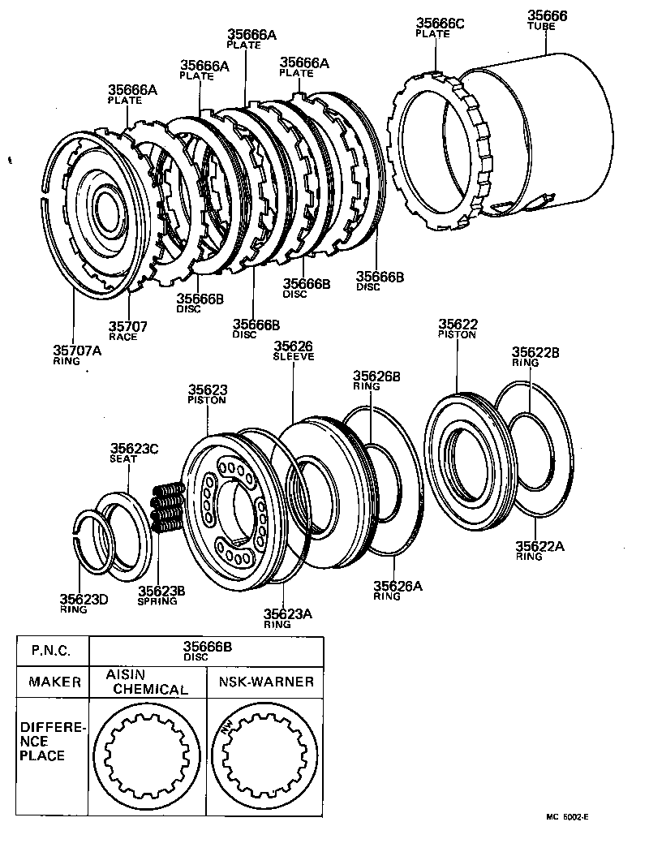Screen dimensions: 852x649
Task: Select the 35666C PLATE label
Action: coord(441,28)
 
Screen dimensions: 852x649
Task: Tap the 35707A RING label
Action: coord(78,355)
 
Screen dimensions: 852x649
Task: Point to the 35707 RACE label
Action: coord(128,330)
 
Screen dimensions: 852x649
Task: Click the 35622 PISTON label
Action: coord(457,328)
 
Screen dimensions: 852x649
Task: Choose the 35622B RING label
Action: coord(536,357)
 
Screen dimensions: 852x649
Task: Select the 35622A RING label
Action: coord(539,551)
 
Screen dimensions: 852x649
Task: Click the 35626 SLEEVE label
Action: coord(293,351)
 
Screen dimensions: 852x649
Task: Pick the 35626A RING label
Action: coord(398,590)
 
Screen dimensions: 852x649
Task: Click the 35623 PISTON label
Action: coord(207,394)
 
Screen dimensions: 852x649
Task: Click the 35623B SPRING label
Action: coord(161,595)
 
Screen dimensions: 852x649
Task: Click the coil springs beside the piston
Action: coord(165,508)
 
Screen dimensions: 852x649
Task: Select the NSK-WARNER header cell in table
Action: coord(265,682)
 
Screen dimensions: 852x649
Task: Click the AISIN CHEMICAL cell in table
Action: coord(148,682)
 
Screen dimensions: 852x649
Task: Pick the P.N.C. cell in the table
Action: coord(52,651)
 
